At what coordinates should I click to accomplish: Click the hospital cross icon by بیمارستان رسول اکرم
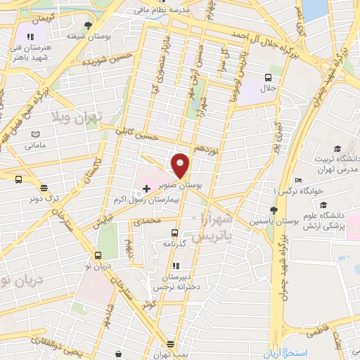[146, 188]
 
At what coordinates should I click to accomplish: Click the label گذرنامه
[173, 243]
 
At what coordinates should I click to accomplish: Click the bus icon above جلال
[268, 77]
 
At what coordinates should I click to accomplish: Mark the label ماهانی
[34, 146]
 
